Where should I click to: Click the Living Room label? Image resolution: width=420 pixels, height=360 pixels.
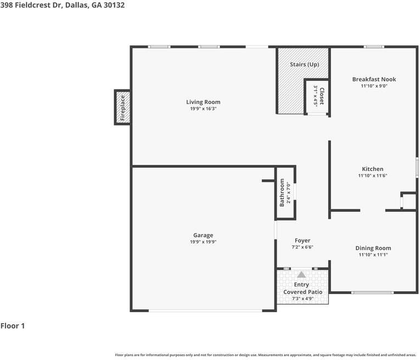(203, 102)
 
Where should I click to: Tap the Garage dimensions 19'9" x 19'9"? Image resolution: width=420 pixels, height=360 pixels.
(203, 242)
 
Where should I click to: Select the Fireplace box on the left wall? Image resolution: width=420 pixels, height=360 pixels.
(122, 107)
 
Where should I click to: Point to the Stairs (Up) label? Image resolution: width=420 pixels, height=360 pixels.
(304, 65)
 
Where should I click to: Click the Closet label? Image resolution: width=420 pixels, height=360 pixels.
(322, 96)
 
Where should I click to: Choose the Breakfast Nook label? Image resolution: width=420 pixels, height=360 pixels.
(374, 79)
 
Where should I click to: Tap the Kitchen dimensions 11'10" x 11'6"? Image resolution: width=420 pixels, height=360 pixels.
(373, 175)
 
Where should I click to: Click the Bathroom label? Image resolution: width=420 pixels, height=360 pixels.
(282, 192)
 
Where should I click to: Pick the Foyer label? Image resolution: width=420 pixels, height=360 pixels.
(303, 241)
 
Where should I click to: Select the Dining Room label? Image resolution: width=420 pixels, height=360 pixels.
(373, 248)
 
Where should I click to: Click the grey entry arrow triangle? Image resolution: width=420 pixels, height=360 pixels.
(301, 274)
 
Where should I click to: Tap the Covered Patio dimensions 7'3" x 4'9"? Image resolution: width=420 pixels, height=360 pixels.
(303, 298)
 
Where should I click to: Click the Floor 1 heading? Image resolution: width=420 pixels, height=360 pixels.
(13, 326)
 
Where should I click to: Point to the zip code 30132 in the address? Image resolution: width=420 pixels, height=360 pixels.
(114, 5)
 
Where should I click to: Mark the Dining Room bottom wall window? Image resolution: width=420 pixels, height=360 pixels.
(373, 292)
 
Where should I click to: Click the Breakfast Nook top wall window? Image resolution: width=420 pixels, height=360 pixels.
(374, 47)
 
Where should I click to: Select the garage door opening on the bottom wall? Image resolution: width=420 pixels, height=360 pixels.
(205, 311)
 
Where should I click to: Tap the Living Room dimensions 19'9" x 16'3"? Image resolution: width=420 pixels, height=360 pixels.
(203, 109)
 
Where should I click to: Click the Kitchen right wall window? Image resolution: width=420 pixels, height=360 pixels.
(417, 167)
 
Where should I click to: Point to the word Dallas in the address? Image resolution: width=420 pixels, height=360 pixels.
(77, 5)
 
